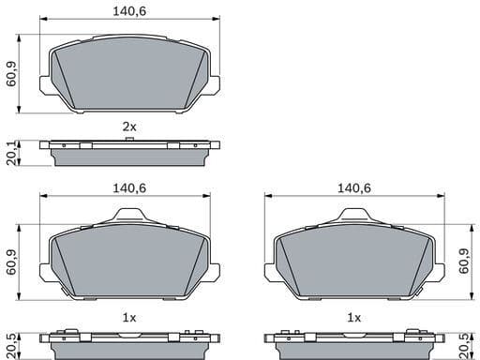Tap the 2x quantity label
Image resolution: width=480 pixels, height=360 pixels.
pyautogui.click(x=129, y=126)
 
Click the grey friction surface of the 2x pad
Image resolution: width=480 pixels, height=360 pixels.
pyautogui.click(x=130, y=74)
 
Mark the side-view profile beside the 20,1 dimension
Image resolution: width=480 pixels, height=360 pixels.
pyautogui.click(x=130, y=153)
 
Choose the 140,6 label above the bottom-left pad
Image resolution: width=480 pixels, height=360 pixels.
pyautogui.click(x=130, y=188)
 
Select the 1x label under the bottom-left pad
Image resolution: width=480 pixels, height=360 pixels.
pyautogui.click(x=129, y=319)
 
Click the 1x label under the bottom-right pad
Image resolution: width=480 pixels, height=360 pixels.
pyautogui.click(x=354, y=319)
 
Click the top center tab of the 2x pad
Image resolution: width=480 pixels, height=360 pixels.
pyautogui.click(x=130, y=33)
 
